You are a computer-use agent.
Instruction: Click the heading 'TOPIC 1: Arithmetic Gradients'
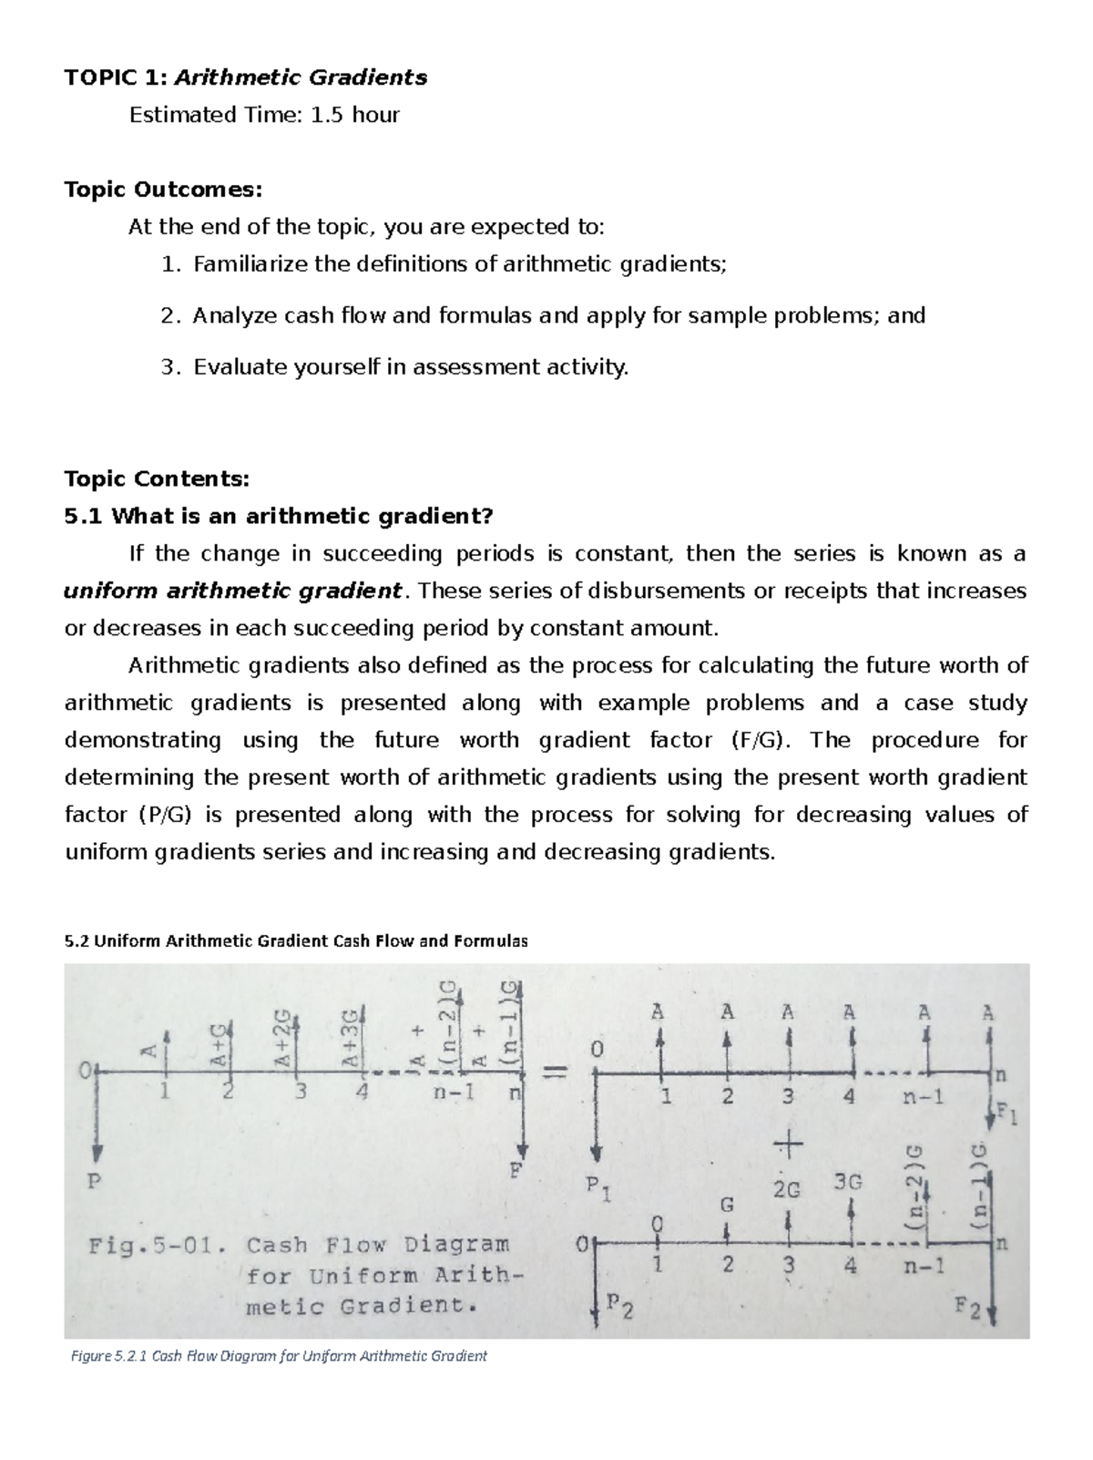pos(245,77)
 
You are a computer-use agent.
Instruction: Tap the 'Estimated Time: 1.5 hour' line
pos(264,115)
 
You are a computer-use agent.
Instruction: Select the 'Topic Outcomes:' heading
pos(163,190)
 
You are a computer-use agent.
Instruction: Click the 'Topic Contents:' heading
pos(157,478)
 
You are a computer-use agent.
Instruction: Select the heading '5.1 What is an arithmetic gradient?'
pos(279,517)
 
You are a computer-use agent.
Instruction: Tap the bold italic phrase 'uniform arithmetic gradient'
pos(232,591)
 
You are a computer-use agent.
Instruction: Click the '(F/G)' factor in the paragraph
pos(757,740)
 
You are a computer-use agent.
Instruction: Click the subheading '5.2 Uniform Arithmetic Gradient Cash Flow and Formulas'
pos(296,941)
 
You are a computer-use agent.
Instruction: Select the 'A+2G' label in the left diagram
pos(282,1039)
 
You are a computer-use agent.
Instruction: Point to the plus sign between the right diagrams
pos(788,1142)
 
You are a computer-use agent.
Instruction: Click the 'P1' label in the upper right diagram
pos(598,1188)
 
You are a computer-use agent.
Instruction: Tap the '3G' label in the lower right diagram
pos(847,1183)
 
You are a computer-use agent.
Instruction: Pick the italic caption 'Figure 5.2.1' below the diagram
pos(107,1356)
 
